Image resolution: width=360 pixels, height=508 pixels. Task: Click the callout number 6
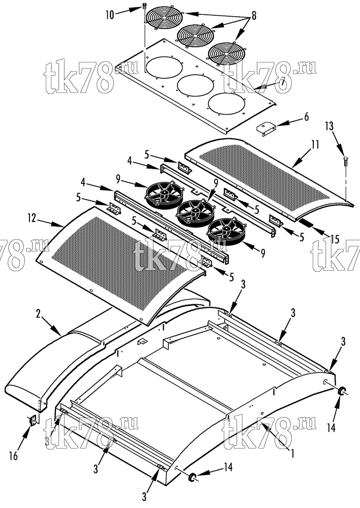point(306,116)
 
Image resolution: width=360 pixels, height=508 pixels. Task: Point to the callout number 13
point(329,126)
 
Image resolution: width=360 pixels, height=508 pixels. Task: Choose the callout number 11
point(314,144)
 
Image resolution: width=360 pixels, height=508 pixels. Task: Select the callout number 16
point(13,456)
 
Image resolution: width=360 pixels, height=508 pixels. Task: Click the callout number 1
point(292,453)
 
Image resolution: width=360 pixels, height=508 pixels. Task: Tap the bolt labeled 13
point(345,161)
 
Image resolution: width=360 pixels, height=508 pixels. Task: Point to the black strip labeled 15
point(307,224)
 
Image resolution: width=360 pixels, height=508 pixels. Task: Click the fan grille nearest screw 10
point(164,18)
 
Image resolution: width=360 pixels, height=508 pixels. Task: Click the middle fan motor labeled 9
point(194,211)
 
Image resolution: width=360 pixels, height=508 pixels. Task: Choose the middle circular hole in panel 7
point(195,87)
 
